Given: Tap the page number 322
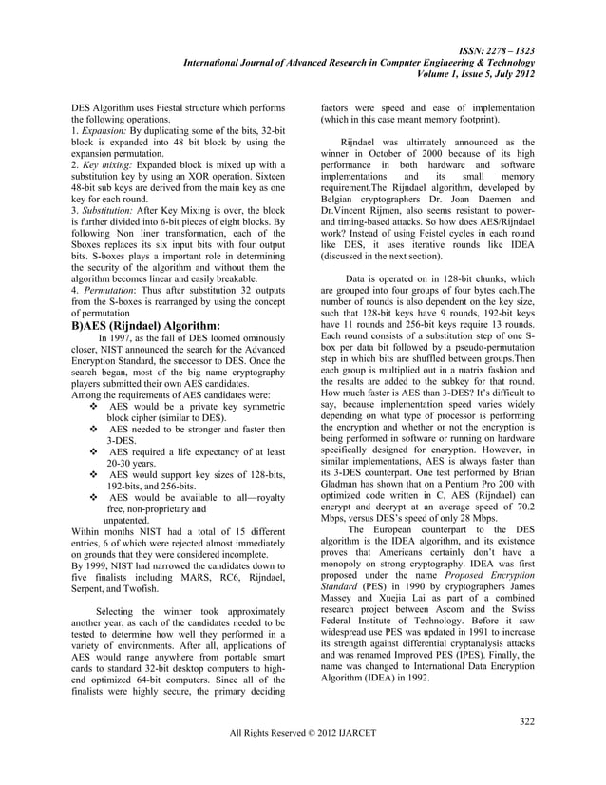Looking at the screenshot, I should [526, 724].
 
